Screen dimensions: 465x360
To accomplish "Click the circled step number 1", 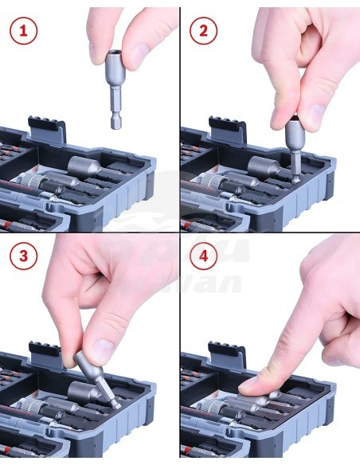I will (22, 31).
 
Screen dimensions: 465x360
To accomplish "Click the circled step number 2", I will (202, 31).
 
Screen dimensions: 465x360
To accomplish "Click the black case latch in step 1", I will (46, 127).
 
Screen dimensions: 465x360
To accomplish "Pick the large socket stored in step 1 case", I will (85, 168).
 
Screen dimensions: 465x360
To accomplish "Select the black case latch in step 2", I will (227, 127).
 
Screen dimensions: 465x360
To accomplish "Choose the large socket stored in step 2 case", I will (265, 168).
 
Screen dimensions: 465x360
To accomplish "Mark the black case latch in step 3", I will (46, 351).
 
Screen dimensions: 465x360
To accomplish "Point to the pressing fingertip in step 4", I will (253, 385).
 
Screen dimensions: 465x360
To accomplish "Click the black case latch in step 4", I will (227, 351).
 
